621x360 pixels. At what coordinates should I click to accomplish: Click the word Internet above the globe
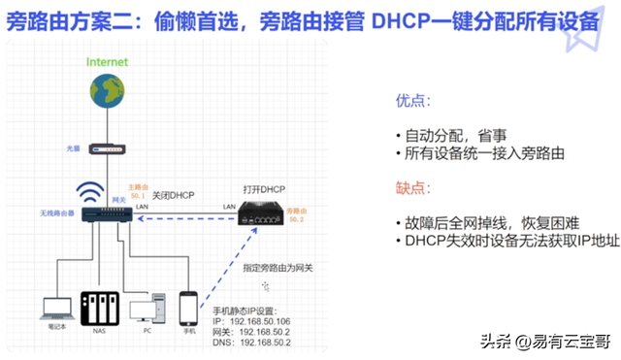tap(107, 61)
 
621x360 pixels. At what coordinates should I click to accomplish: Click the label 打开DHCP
tap(265, 186)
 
